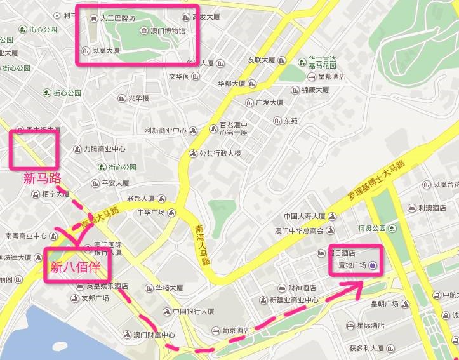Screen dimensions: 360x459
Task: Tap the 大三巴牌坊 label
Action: [117, 18]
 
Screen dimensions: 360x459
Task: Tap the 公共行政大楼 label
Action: [220, 153]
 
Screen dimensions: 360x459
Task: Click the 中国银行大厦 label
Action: [193, 312]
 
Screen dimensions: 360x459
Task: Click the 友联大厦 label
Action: [261, 60]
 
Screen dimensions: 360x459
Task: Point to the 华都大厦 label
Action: [232, 83]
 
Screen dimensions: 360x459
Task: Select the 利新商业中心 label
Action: [165, 131]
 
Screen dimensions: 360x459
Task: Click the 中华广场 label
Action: [151, 212]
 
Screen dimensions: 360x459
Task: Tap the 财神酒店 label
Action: [299, 288]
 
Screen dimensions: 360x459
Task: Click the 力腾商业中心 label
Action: [104, 149]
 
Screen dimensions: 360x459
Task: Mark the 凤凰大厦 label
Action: [105, 50]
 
